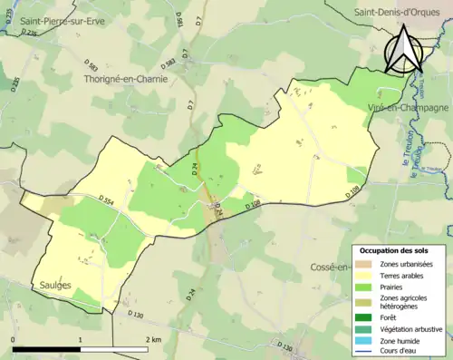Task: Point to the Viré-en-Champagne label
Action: pos(410,107)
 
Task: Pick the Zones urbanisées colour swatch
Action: pos(367,264)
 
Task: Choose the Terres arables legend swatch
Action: pos(367,275)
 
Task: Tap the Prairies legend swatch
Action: pos(367,286)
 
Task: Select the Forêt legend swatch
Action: pos(367,317)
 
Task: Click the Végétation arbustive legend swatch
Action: pos(367,328)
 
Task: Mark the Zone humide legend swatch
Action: pos(367,339)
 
